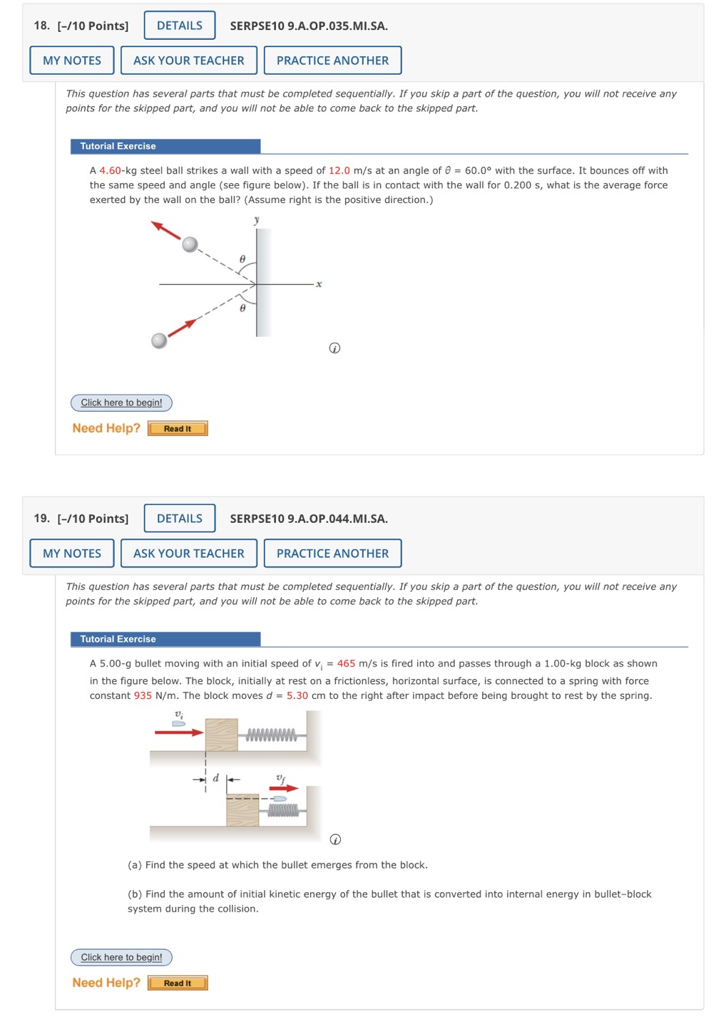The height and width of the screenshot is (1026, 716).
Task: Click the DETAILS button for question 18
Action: click(180, 26)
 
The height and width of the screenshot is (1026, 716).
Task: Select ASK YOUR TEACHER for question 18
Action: click(189, 61)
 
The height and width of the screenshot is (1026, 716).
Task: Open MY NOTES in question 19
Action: click(72, 554)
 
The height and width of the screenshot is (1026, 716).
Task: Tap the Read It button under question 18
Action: click(178, 428)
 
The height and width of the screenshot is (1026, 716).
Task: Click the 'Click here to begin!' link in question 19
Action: click(121, 957)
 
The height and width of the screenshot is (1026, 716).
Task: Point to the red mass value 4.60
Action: click(110, 170)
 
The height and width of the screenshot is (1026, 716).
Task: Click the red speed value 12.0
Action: click(339, 170)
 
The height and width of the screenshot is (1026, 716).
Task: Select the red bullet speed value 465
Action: click(346, 663)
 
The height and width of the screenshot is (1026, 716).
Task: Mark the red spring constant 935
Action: click(143, 695)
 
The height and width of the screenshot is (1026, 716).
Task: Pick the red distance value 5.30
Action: click(297, 695)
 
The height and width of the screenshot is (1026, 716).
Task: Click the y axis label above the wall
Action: click(257, 220)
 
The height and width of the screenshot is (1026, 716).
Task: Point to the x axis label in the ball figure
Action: click(319, 284)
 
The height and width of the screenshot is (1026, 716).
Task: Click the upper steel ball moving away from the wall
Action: click(190, 244)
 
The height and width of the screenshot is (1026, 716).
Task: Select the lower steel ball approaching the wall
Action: click(160, 341)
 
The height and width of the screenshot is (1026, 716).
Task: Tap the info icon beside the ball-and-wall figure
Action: click(334, 348)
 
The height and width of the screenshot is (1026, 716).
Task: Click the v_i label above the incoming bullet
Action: click(179, 714)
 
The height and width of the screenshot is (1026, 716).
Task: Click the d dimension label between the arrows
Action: click(216, 778)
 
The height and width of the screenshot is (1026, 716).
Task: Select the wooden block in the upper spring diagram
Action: click(221, 735)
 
